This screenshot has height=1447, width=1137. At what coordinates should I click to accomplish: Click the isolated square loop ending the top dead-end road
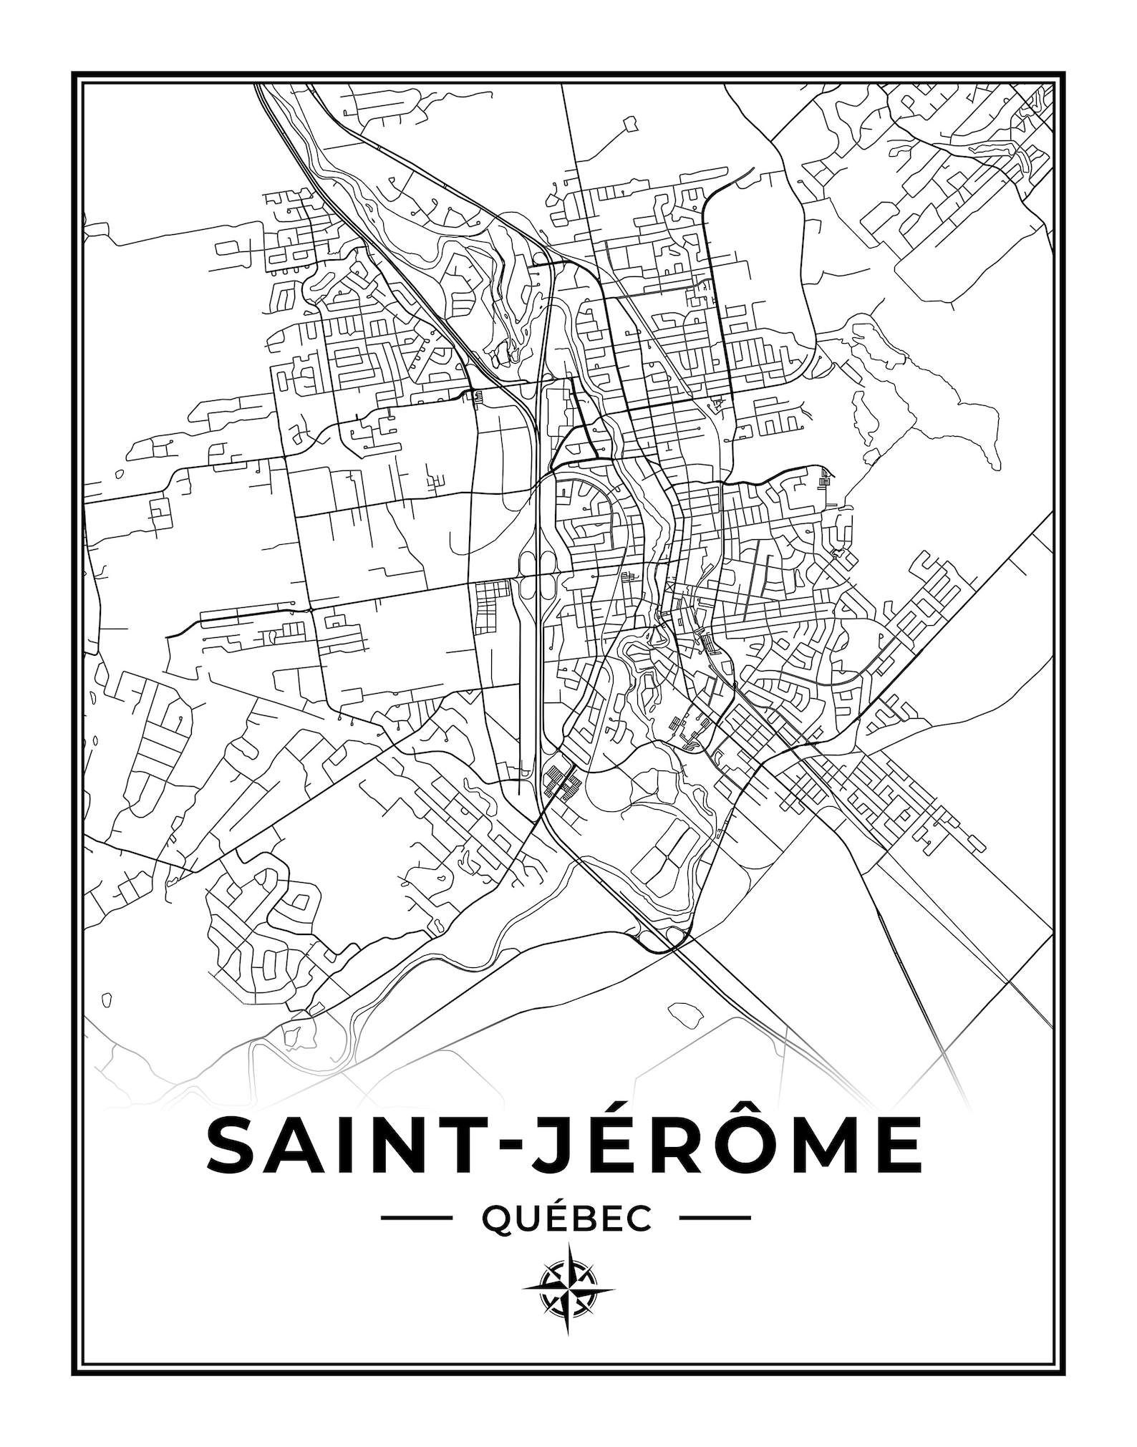[630, 124]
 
